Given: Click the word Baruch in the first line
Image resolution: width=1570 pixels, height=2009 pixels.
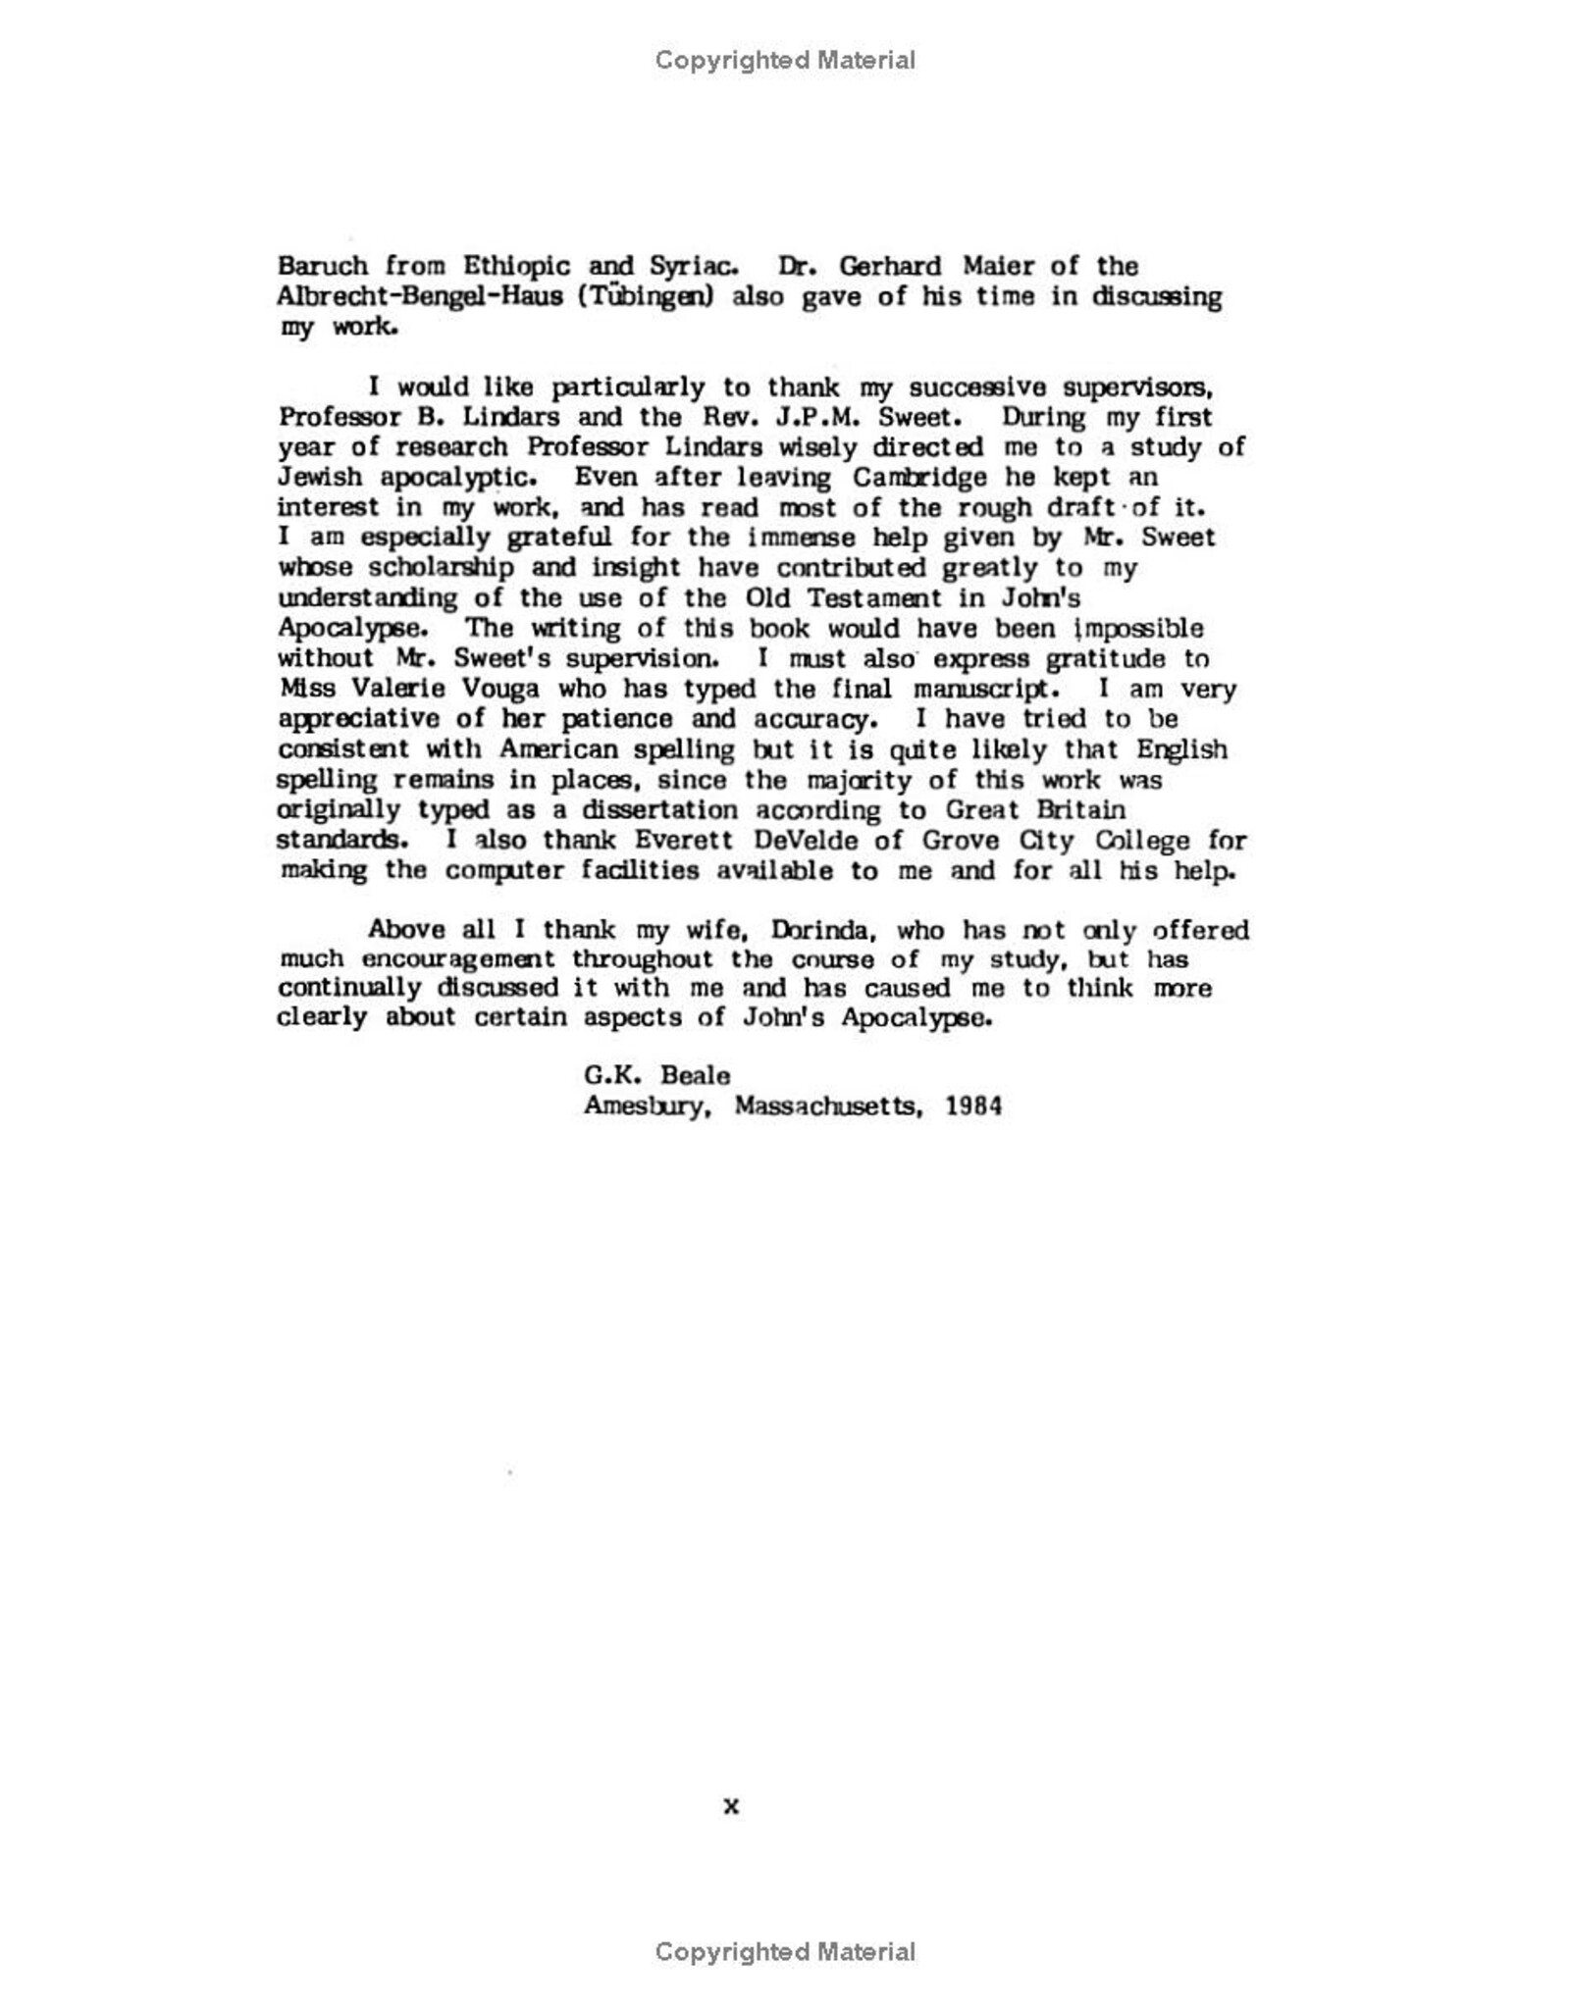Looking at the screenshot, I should (323, 266).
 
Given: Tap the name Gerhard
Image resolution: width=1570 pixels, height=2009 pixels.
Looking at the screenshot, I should (890, 266).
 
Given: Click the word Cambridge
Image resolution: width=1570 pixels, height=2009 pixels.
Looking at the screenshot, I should (919, 478).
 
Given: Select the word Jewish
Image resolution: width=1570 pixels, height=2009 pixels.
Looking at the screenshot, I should (320, 478).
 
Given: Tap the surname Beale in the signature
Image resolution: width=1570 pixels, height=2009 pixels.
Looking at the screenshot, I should (695, 1076).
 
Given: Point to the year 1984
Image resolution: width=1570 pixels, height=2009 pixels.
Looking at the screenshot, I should (973, 1107).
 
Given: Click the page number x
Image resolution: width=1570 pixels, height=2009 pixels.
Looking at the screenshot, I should (731, 1807).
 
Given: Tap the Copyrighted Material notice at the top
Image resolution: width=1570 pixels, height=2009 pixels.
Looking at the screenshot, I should (785, 61).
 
